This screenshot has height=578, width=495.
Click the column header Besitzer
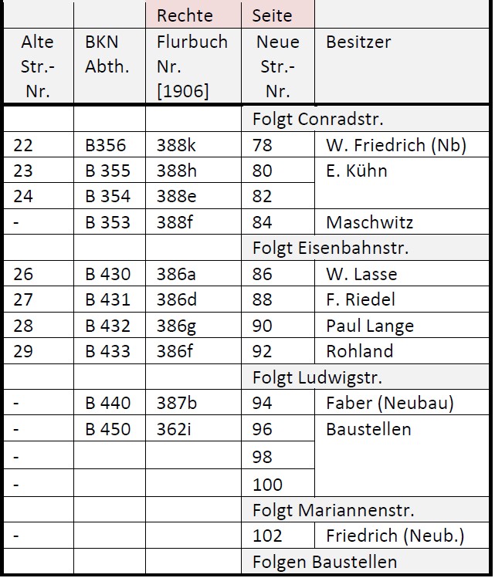point(358,42)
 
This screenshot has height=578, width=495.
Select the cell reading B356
point(105,145)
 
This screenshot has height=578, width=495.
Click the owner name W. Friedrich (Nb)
point(396,145)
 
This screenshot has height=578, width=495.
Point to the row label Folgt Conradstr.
point(317,120)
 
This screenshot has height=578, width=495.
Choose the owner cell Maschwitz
point(369,223)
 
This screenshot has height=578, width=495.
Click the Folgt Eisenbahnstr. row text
point(330,248)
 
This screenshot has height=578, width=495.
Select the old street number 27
point(23,299)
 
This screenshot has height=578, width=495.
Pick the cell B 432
point(107,326)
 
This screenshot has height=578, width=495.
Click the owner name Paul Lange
point(370,326)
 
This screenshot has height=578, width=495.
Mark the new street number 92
point(263,351)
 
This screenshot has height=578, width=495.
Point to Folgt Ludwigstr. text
point(317,377)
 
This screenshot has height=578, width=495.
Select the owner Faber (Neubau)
point(390,403)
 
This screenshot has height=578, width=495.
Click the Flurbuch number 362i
point(173,429)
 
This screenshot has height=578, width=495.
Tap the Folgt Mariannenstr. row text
point(333,510)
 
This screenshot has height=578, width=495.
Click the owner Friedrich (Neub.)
point(395,536)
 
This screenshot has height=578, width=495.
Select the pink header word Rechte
point(185,15)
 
